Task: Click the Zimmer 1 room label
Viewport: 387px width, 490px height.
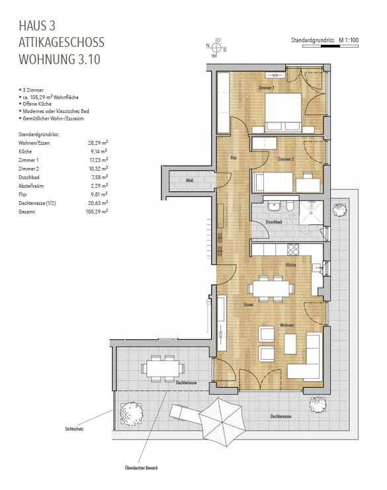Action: click(x=267, y=87)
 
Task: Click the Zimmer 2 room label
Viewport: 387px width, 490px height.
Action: click(x=286, y=159)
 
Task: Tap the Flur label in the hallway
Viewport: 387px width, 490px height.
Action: click(x=234, y=157)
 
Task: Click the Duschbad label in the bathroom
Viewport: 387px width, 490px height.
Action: click(x=274, y=222)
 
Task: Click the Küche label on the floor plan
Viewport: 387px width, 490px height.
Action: click(x=290, y=265)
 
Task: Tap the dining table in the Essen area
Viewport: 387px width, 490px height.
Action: click(x=269, y=289)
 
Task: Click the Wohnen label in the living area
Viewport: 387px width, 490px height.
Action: click(x=286, y=325)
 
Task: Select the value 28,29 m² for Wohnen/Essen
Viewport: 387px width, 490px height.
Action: click(x=97, y=142)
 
